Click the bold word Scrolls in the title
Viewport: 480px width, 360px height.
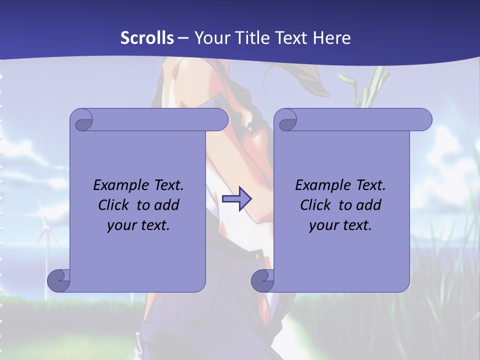tap(147, 38)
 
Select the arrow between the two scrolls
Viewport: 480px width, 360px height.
tap(236, 199)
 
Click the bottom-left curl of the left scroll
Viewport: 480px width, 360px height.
tap(58, 281)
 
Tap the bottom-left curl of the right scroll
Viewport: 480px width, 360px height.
tap(262, 281)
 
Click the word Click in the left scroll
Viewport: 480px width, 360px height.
tap(113, 205)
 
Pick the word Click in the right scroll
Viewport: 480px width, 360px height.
tap(315, 205)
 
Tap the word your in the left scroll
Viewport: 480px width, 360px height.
tap(121, 226)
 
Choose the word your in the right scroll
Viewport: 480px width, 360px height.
tap(323, 226)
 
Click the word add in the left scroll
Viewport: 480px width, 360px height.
tap(167, 205)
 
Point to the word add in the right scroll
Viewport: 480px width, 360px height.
tap(369, 205)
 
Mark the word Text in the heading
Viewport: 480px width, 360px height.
tap(291, 38)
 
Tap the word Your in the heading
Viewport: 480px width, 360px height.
tap(211, 38)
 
